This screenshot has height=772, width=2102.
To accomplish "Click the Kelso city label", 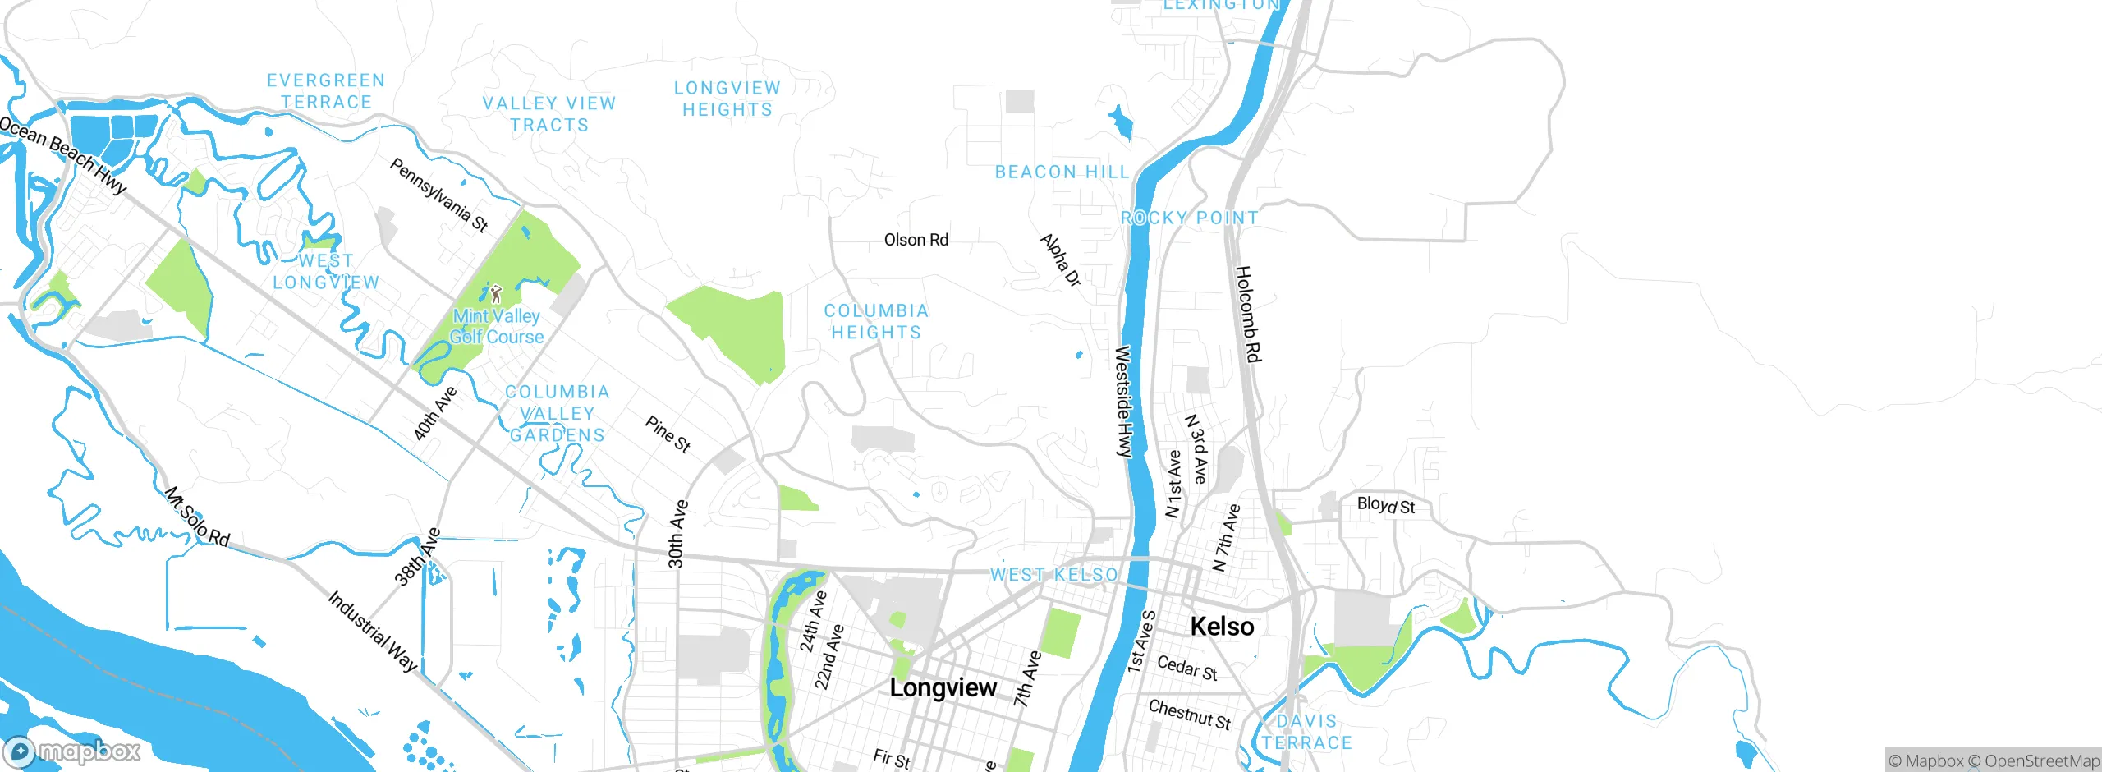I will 1222,627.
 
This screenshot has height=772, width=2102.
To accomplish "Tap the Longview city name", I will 943,687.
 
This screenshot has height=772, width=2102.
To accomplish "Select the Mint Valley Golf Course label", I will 496,326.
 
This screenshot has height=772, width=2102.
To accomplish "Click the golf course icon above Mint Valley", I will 496,294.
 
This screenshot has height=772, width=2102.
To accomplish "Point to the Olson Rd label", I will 916,240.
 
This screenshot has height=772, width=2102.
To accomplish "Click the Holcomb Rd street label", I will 1247,314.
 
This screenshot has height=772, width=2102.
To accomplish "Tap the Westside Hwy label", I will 1122,401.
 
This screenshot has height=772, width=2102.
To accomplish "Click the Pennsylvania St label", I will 438,195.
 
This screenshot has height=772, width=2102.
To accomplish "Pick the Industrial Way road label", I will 373,631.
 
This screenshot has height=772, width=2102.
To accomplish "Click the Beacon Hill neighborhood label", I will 1062,172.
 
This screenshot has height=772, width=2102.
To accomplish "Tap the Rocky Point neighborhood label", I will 1189,218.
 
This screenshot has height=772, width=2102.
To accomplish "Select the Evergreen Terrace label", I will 326,91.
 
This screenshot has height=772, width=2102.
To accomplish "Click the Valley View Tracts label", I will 548,114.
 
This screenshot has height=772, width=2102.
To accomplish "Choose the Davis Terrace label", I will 1306,732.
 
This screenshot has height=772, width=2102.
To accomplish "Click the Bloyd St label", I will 1386,505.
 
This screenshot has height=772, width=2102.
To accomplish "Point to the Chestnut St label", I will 1189,714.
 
